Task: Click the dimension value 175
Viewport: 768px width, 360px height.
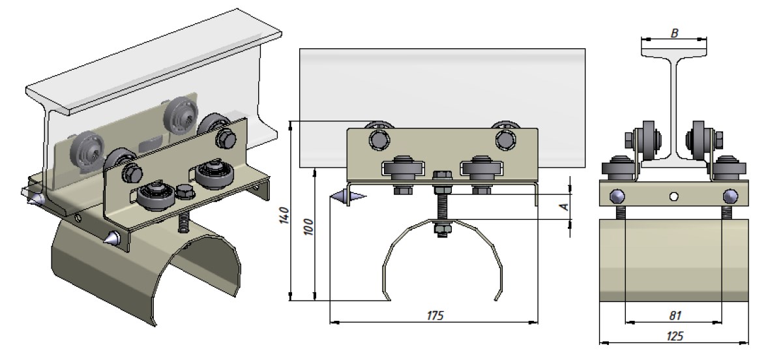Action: point(435,316)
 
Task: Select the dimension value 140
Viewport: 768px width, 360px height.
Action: point(286,215)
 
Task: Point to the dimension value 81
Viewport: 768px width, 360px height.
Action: point(675,316)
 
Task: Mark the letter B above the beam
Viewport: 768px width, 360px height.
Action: point(675,33)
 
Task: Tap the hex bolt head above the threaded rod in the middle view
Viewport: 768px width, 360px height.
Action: point(442,176)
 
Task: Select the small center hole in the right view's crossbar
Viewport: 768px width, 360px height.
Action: point(674,196)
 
